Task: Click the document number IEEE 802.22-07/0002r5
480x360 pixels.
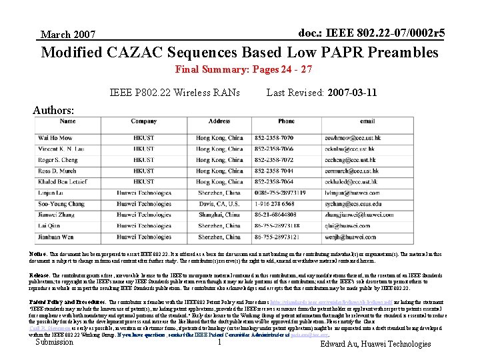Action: (381, 33)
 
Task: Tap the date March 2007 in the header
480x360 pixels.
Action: (68, 34)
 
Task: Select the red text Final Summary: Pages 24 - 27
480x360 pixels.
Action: (243, 69)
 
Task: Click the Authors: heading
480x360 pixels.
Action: (53, 109)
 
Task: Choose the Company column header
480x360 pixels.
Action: (143, 121)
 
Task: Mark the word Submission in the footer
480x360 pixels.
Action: (54, 342)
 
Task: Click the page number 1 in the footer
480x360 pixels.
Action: (219, 342)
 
